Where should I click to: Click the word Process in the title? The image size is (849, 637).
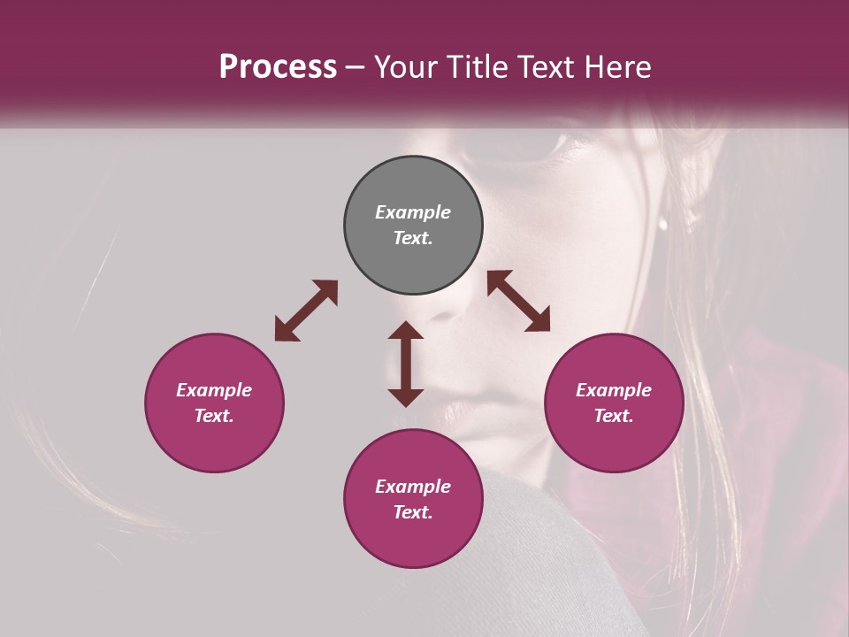278,67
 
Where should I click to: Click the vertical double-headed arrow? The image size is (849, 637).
406,364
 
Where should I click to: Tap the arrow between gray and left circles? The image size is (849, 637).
306,311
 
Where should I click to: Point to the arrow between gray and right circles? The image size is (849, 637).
518,301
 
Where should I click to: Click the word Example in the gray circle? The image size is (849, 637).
413,212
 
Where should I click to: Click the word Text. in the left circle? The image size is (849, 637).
214,416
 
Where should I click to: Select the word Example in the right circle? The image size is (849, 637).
614,390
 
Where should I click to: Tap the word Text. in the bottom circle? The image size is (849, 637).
413,512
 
